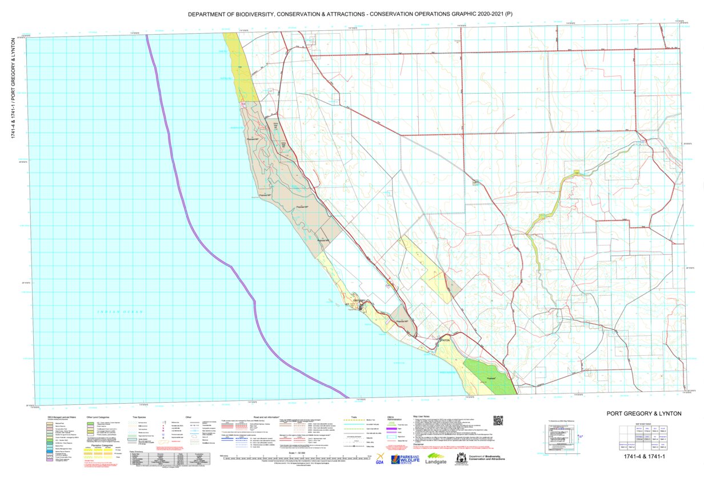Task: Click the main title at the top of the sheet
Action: click(x=351, y=13)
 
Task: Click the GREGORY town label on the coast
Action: click(x=359, y=300)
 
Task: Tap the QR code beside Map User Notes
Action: click(x=498, y=420)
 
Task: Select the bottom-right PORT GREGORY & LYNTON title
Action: click(x=644, y=413)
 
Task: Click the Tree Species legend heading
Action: click(x=140, y=417)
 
